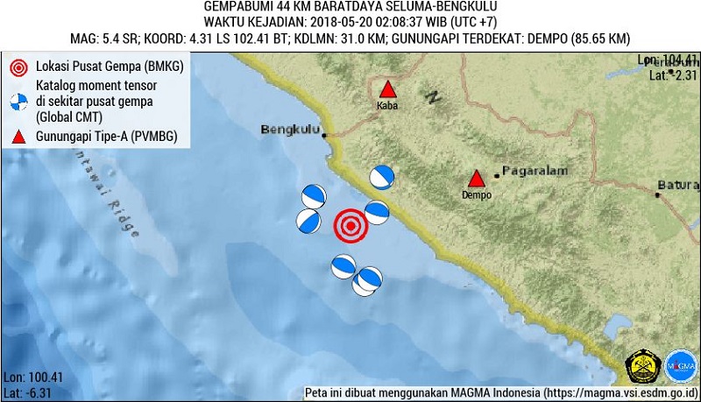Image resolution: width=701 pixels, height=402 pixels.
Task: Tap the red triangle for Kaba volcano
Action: (387, 90)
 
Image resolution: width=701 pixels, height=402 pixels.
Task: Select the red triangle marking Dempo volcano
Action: (476, 178)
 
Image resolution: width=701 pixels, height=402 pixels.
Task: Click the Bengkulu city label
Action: (289, 130)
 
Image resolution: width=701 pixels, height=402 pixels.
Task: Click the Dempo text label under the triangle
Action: (476, 195)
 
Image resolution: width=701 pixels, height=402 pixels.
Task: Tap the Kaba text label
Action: (387, 106)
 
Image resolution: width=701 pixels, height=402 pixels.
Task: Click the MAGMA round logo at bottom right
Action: (681, 366)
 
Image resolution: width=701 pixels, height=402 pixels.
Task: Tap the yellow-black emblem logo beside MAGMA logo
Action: (641, 366)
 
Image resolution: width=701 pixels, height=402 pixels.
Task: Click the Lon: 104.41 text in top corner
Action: (668, 60)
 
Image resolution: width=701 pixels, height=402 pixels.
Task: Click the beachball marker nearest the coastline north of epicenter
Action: (381, 177)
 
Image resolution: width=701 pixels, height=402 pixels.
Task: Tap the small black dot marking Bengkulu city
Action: (324, 136)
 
